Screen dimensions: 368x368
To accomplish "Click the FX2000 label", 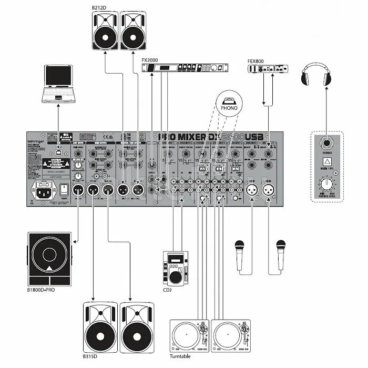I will tap(150, 59).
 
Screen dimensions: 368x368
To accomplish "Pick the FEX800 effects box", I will tap(269, 69).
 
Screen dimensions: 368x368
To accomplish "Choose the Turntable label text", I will tap(180, 356).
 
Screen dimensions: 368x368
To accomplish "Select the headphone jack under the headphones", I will tap(326, 142).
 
